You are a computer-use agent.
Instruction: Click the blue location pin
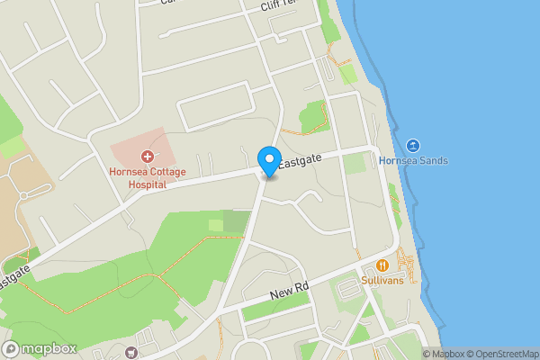(268, 160)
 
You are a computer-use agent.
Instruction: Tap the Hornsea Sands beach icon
(412, 146)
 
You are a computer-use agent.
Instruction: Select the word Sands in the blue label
(434, 161)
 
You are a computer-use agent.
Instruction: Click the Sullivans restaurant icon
(382, 265)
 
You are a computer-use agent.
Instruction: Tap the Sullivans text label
(382, 281)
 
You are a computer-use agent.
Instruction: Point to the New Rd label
(290, 292)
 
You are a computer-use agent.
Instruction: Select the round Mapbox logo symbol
(11, 347)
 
